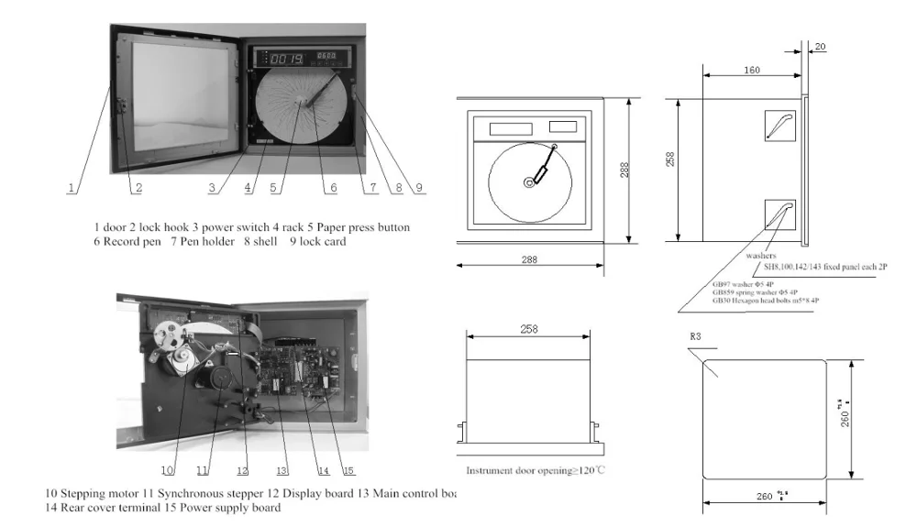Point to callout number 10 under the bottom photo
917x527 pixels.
(168, 470)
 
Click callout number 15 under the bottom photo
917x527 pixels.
(348, 470)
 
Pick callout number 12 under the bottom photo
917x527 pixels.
(242, 470)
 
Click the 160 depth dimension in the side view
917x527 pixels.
(751, 70)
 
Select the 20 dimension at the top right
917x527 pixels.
(819, 46)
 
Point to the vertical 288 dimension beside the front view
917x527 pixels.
(624, 170)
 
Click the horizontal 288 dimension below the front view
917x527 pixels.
(527, 260)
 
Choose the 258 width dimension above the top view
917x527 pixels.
(529, 329)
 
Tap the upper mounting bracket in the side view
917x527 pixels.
(779, 124)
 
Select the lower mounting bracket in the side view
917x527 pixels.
(779, 214)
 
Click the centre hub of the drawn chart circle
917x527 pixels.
(529, 183)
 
